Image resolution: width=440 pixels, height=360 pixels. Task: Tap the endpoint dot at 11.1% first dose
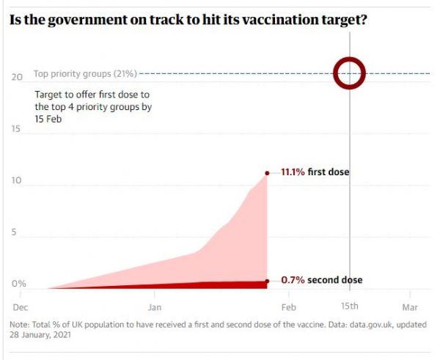click(x=268, y=173)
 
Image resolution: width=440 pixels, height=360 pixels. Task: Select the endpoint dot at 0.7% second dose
click(x=268, y=281)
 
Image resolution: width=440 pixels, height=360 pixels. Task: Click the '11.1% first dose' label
click(x=315, y=173)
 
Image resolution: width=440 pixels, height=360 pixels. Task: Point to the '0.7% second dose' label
click(x=321, y=281)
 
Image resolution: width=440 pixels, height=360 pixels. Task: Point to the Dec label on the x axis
click(x=21, y=306)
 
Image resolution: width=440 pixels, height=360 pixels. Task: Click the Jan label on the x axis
click(x=155, y=306)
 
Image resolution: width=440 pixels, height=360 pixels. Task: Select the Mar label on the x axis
click(x=410, y=306)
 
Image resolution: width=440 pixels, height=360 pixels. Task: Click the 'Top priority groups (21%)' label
click(x=85, y=74)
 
